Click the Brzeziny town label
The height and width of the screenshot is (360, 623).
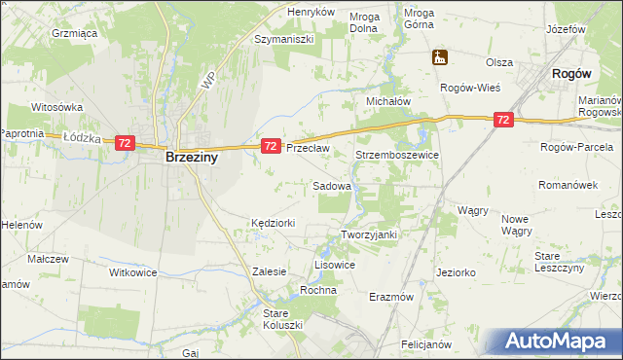(x=191, y=156)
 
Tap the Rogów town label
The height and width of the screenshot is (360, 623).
(x=572, y=73)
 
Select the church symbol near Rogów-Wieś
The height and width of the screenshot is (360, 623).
(x=440, y=57)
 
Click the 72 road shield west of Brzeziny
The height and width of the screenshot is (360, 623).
(x=124, y=143)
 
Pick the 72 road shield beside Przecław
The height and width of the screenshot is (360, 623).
(x=272, y=145)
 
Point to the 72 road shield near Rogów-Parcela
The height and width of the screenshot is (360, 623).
(x=502, y=120)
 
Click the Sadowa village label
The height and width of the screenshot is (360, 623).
(x=332, y=185)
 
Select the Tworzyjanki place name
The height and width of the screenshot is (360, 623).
(x=370, y=234)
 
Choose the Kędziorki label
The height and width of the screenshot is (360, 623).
(x=273, y=223)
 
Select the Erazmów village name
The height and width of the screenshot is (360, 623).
(x=392, y=296)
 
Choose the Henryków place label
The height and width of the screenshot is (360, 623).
(x=311, y=12)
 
